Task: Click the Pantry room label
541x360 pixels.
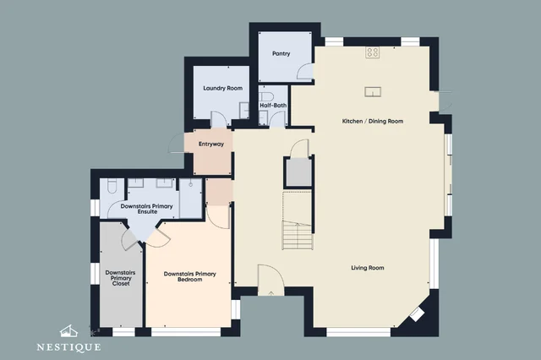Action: pos(281,54)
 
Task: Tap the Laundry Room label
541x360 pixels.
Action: pos(222,88)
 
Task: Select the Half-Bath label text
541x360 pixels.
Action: pos(273,105)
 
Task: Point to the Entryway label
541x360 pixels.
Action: pos(211,145)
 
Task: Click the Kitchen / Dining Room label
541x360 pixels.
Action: pos(373,121)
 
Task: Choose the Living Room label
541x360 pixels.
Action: pos(368,268)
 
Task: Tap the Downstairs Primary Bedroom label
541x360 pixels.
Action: pos(189,276)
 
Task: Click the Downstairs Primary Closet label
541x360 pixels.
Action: pos(120,278)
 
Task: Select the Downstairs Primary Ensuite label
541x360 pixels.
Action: pos(146,209)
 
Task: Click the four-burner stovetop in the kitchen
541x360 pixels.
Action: pos(373,52)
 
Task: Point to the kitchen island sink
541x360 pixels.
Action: pos(373,92)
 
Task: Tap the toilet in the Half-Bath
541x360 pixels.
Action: pos(266,95)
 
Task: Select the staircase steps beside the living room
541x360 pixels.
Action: pos(298,236)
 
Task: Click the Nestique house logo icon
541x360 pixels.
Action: pos(68,332)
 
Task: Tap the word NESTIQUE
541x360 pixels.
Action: pos(69,347)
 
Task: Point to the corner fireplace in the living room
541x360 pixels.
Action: pos(417,314)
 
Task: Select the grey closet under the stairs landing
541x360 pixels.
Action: pos(298,172)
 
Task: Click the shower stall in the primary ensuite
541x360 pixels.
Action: pos(190,199)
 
